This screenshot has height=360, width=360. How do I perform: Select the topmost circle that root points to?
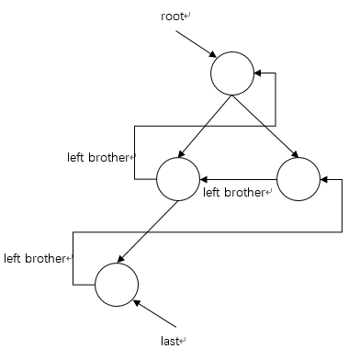[x=231, y=73]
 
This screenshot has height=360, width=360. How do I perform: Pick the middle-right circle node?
[x=297, y=179]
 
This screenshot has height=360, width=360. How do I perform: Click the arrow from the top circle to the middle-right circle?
[x=265, y=129]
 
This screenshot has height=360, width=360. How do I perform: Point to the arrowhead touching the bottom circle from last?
[x=136, y=300]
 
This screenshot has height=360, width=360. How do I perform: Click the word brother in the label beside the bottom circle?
[x=50, y=258]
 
